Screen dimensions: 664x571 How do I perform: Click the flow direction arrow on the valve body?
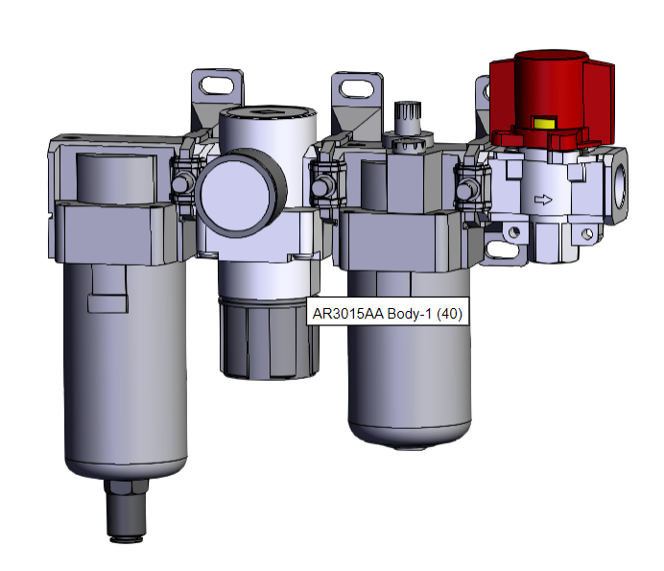tap(543, 199)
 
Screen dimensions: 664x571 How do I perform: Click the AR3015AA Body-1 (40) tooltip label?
tap(388, 314)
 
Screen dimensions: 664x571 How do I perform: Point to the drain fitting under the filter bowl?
tap(127, 511)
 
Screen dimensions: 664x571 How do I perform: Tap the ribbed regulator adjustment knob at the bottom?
tap(270, 339)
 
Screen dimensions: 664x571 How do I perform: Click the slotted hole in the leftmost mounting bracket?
tap(217, 85)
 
